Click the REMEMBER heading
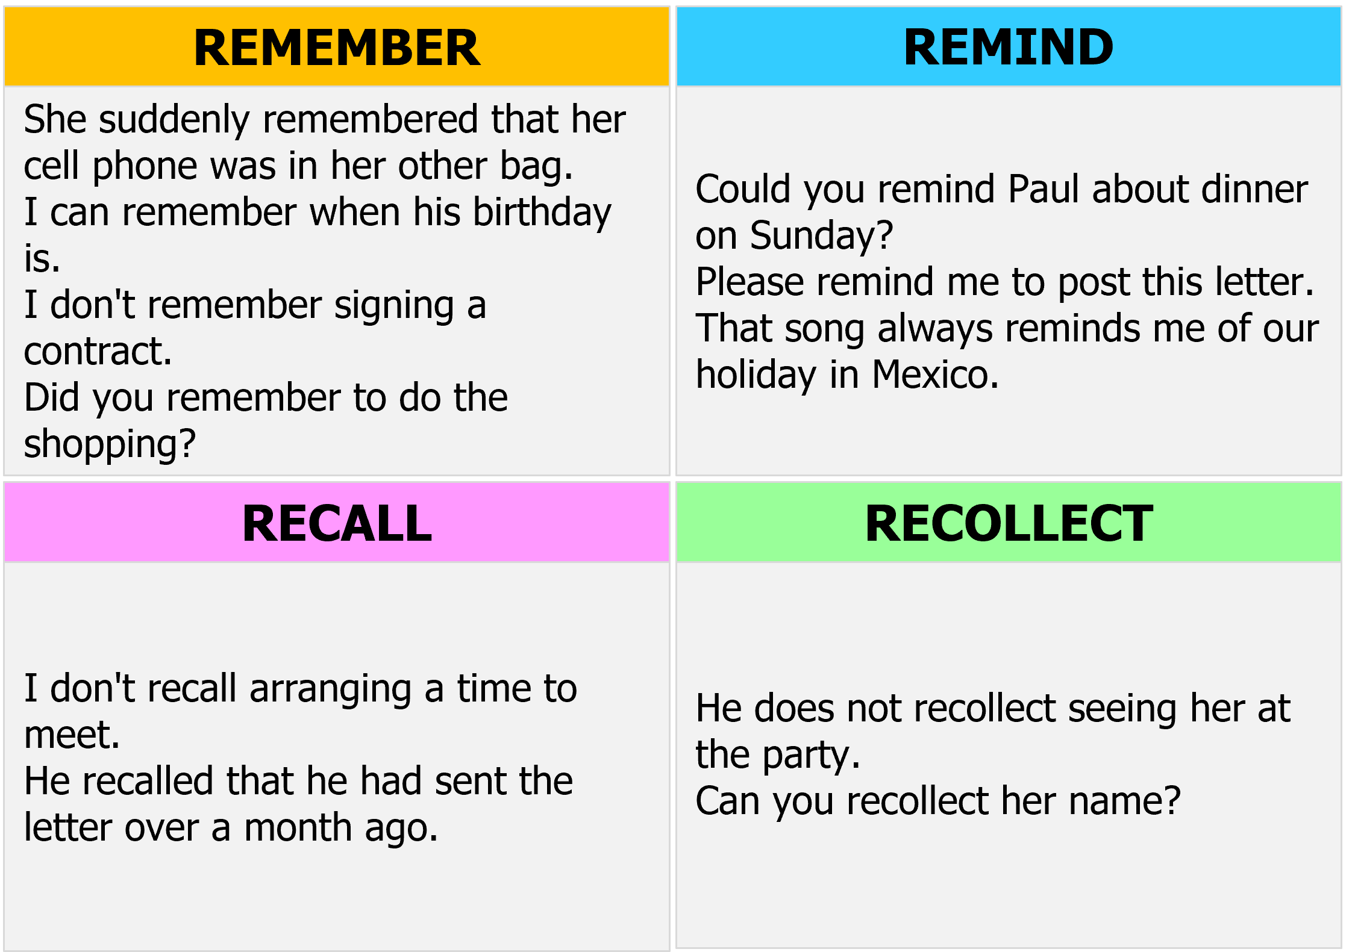click(x=337, y=48)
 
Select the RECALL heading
click(x=337, y=523)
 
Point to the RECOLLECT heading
click(x=1009, y=523)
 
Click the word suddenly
click(x=174, y=120)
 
